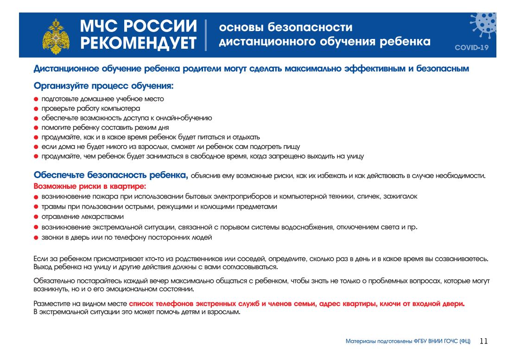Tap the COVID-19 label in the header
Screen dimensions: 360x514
(471, 47)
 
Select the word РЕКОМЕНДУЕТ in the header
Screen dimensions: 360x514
(138, 43)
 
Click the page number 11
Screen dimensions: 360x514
(484, 341)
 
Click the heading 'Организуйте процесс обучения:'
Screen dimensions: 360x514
(104, 86)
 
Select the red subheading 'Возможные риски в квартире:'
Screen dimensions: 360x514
(89, 186)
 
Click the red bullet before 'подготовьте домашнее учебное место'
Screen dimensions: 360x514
(36, 99)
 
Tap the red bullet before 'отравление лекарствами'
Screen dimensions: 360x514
(36, 217)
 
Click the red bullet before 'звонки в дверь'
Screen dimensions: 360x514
(36, 238)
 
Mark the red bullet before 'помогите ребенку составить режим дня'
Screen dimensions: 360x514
(36, 128)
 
